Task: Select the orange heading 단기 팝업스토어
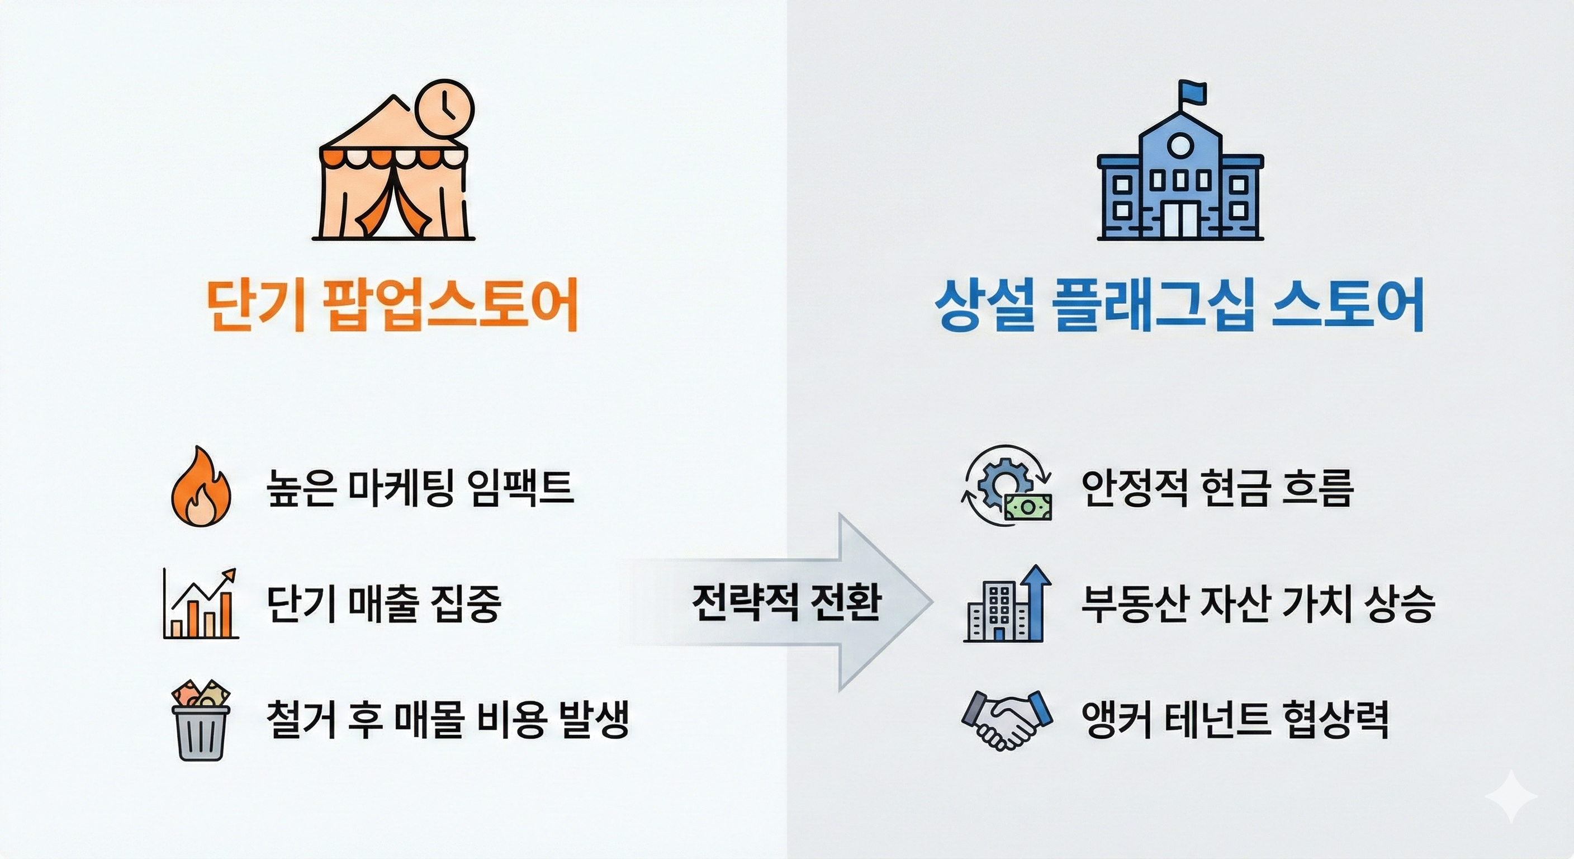pos(392,305)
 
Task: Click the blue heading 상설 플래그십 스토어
pos(1179,305)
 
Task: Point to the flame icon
pos(201,487)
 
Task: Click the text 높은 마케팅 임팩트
pos(420,488)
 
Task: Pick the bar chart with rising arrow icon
pos(201,604)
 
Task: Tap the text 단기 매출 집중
pos(384,604)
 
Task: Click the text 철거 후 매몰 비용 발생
pos(447,720)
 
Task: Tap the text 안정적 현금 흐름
pos(1217,488)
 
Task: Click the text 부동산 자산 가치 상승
pos(1258,604)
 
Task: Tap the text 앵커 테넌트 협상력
pos(1235,720)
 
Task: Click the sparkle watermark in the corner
pos(1511,795)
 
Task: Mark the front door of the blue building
pos(1180,218)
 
